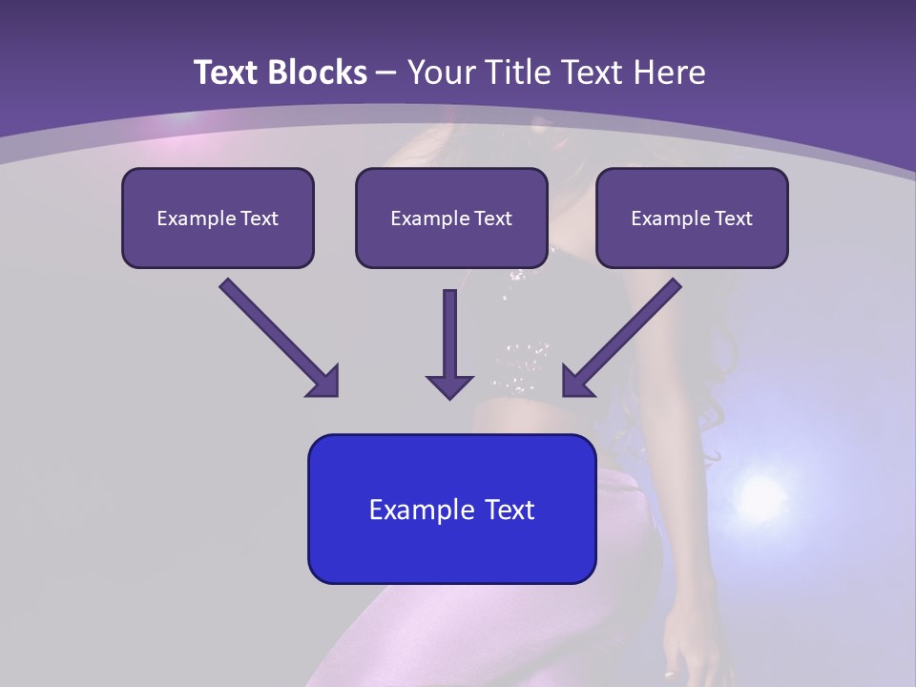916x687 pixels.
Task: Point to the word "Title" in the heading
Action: pos(518,73)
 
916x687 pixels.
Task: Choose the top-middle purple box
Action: pos(451,244)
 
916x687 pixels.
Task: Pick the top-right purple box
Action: pos(692,244)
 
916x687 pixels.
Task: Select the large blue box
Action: pos(451,553)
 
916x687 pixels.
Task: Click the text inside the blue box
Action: pos(451,510)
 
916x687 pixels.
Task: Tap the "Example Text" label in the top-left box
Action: pos(218,219)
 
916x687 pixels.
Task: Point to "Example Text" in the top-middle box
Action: pos(451,219)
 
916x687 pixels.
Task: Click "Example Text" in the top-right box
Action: pos(692,219)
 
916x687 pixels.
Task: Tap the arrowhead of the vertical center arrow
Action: pos(449,385)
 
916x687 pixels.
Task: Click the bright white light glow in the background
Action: pos(760,495)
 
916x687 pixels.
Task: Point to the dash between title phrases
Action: pos(387,73)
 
